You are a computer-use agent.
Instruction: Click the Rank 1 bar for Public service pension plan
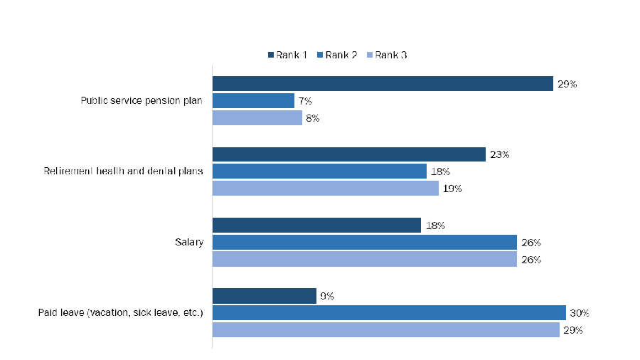click(x=383, y=83)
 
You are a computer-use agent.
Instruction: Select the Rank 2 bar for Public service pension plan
click(x=253, y=100)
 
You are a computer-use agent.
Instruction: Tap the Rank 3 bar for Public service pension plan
click(x=257, y=117)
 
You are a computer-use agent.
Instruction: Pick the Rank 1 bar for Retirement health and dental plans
click(x=348, y=154)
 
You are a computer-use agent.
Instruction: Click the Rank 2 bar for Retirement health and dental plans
click(x=319, y=171)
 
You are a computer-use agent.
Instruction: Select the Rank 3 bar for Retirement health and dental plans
click(x=325, y=189)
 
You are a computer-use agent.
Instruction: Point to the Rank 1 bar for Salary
click(x=316, y=225)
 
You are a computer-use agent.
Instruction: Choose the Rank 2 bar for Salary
click(x=364, y=242)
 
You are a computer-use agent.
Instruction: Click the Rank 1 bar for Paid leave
click(x=264, y=295)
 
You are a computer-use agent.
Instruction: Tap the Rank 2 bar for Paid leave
click(x=389, y=313)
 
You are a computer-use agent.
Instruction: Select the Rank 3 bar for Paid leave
click(x=385, y=330)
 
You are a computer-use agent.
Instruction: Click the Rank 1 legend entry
click(x=287, y=55)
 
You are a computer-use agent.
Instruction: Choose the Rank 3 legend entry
click(x=387, y=55)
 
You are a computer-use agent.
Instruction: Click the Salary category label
click(x=189, y=243)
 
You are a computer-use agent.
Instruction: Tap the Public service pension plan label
click(x=142, y=100)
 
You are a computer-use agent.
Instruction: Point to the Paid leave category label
click(x=121, y=313)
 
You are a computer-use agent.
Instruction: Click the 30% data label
click(x=580, y=313)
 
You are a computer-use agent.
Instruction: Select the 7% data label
click(x=305, y=101)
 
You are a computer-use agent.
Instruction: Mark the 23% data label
click(x=499, y=154)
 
